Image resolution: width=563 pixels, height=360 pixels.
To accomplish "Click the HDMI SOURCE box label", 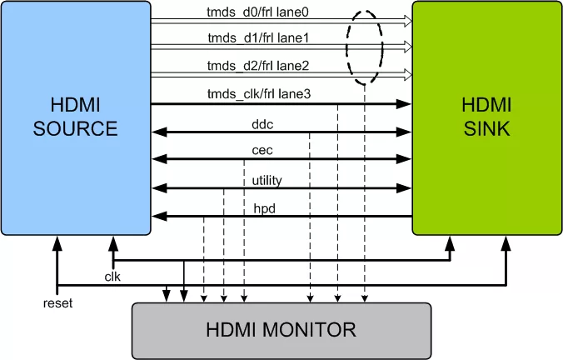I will pos(75,117).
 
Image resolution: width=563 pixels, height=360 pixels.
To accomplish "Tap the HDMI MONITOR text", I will pos(281,329).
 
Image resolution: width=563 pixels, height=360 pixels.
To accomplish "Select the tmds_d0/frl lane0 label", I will pos(258,12).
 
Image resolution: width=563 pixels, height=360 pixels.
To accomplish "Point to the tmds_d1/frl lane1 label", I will pos(258,37).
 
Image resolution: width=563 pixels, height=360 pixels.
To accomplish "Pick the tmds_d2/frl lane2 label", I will pos(258,66).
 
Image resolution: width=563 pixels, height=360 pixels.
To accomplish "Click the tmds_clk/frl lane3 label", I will pos(258,94).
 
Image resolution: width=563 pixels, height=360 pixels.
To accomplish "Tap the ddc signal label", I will pos(263,124).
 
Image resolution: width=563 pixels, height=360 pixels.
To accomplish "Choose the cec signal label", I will pos(263,151).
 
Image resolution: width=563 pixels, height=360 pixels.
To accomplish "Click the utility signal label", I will pos(267,179).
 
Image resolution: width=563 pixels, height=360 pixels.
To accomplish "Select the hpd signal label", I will pos(265,209).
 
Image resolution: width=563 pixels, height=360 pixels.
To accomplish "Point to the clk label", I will pos(113,276).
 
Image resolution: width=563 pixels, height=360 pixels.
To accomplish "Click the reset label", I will pos(57,303).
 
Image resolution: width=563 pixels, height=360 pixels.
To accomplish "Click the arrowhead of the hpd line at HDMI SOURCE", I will pos(157,216).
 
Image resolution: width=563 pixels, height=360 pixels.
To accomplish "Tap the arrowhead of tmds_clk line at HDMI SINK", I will pos(407,103).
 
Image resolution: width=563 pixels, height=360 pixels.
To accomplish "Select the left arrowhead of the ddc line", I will pos(157,132).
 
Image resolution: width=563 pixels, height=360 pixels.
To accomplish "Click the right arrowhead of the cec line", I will pos(407,159).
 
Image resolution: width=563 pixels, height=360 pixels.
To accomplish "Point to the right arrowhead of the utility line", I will pos(407,187).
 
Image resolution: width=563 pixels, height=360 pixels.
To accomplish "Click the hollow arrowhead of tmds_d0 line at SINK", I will pos(407,20).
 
